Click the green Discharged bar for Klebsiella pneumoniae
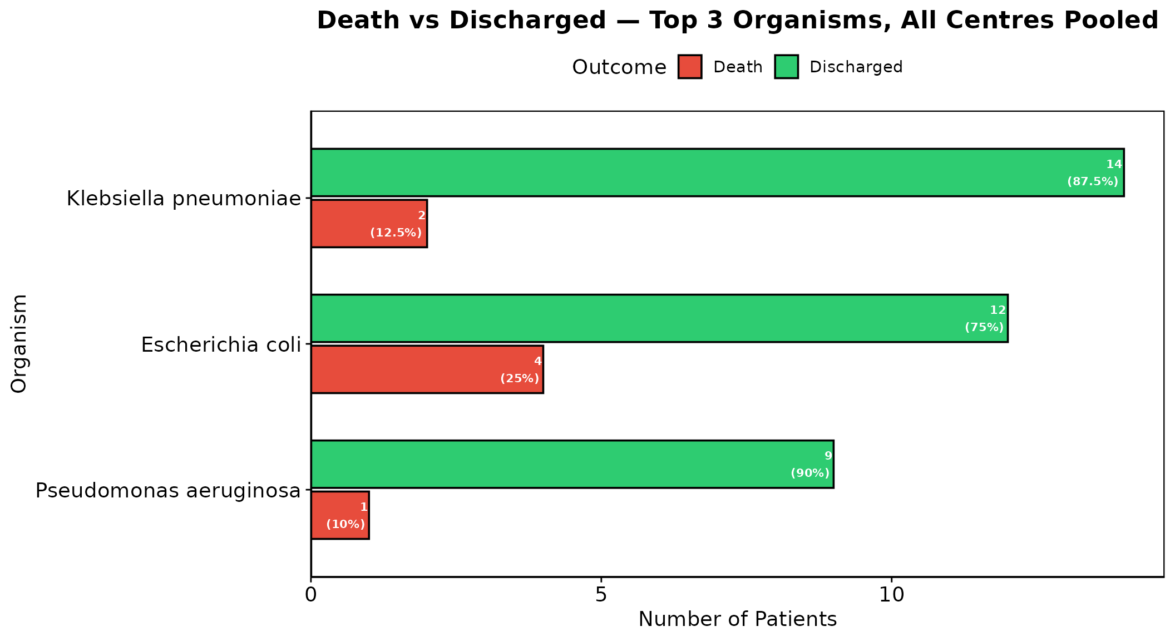pyautogui.click(x=717, y=172)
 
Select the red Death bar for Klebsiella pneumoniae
pyautogui.click(x=369, y=223)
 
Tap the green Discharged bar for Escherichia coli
pyautogui.click(x=659, y=318)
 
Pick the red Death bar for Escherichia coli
pyautogui.click(x=427, y=369)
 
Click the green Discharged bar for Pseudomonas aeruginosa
pyautogui.click(x=572, y=464)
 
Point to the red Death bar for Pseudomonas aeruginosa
pyautogui.click(x=340, y=515)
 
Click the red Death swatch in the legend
pyautogui.click(x=690, y=67)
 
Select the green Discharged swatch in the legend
pyautogui.click(x=787, y=67)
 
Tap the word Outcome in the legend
pyautogui.click(x=619, y=67)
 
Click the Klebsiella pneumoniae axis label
pyautogui.click(x=184, y=199)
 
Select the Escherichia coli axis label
pyautogui.click(x=221, y=345)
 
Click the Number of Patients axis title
pyautogui.click(x=738, y=619)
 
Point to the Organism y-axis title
pyautogui.click(x=19, y=344)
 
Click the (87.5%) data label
pyautogui.click(x=1093, y=181)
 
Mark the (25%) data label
pyautogui.click(x=520, y=378)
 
